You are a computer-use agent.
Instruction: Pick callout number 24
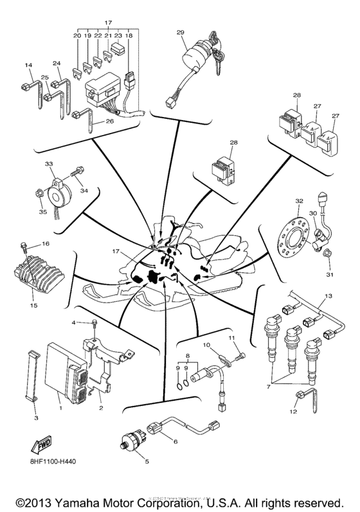coord(56,64)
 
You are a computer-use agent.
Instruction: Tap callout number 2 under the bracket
coord(100,407)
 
